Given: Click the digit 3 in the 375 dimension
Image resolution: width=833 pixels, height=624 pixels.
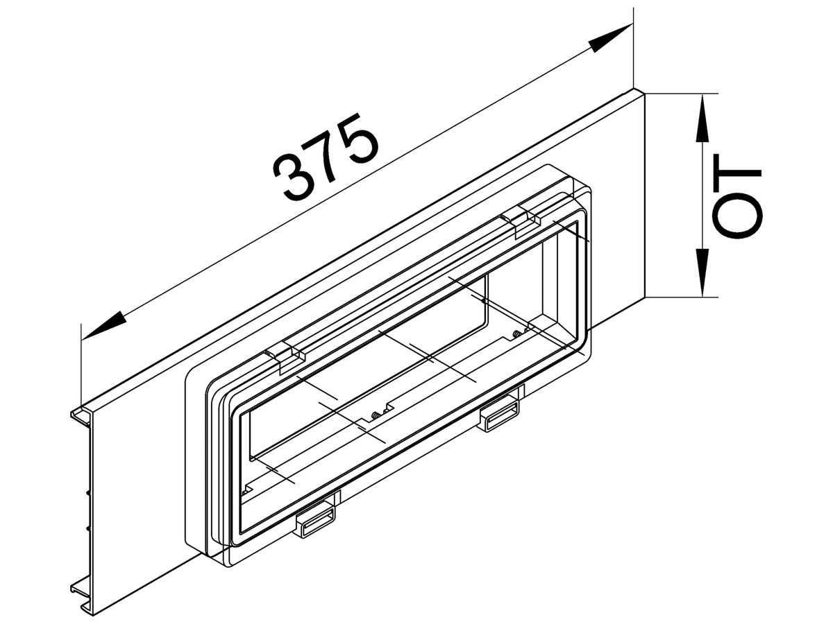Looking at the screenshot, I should coord(292,179).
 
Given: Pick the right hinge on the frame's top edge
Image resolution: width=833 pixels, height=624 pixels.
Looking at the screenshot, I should coord(521,219).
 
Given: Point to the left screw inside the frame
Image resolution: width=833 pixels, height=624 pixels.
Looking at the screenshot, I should coord(376,415).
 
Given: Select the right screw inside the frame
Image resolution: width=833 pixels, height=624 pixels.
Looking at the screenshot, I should coord(516,335).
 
